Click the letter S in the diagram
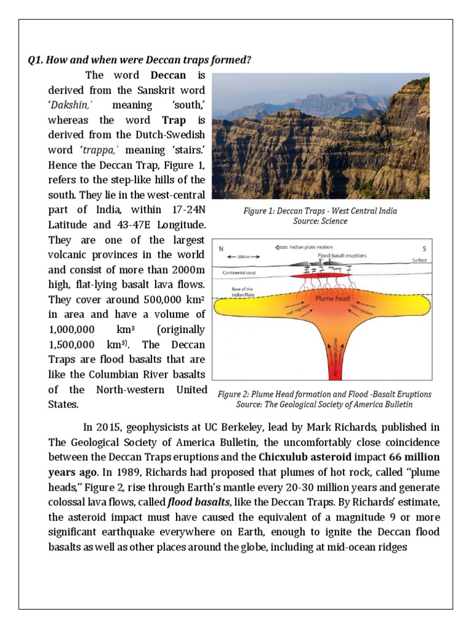pos(423,249)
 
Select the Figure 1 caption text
pos(320,216)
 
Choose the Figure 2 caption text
pos(324,399)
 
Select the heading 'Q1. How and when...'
pos(140,60)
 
